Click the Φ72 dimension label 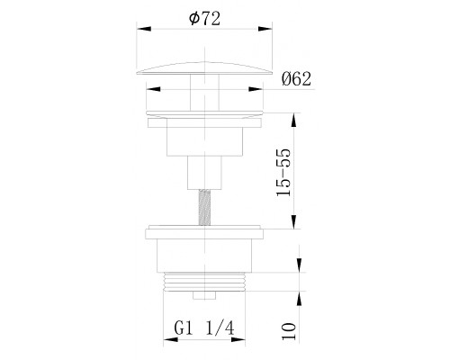(204, 19)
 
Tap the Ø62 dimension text (296, 79)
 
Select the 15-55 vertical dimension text (283, 172)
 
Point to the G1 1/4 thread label (204, 328)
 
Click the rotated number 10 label (289, 331)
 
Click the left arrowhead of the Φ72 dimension (144, 29)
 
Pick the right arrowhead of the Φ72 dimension (265, 29)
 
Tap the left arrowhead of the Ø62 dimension (153, 89)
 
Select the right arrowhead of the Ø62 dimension (256, 89)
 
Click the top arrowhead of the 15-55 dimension (293, 120)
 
